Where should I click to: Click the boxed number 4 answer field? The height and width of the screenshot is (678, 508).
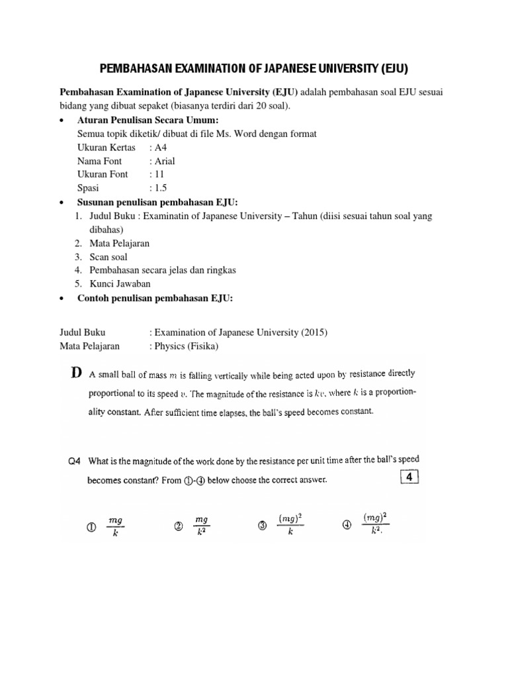409,478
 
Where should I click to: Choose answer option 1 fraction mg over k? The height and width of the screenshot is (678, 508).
115,526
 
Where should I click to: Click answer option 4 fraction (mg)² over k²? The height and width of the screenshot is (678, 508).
375,525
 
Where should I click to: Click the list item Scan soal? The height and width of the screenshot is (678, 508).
108,257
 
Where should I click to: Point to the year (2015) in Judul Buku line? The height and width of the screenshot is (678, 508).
314,332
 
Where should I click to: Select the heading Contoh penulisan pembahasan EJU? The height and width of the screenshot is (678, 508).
155,298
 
